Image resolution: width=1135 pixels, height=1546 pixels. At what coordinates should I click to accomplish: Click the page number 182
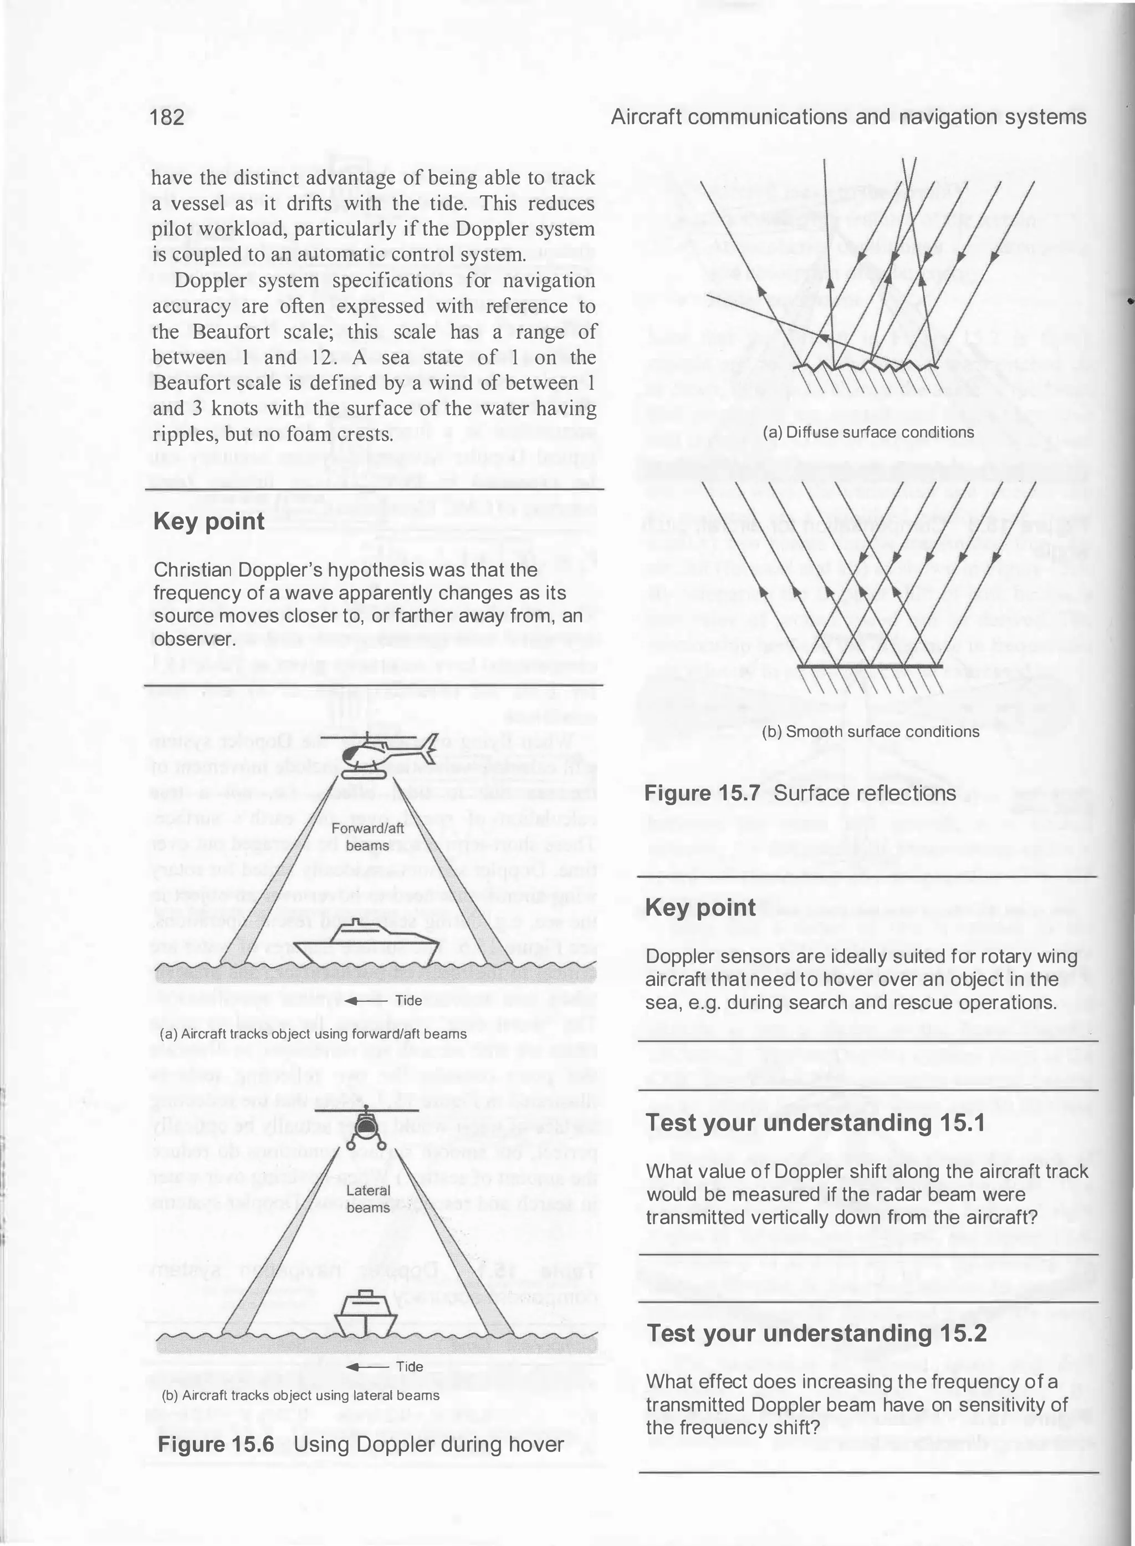tap(167, 118)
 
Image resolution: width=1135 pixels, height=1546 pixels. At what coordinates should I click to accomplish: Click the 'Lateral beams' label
tap(367, 1198)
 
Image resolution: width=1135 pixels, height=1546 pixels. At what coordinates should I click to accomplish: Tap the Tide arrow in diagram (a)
tap(360, 1000)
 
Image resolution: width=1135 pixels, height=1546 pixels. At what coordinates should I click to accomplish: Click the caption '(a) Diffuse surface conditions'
tap(868, 433)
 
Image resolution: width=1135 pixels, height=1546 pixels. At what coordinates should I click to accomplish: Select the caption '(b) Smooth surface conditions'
tap(871, 731)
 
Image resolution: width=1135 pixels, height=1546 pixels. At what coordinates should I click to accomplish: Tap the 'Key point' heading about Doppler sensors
tap(700, 907)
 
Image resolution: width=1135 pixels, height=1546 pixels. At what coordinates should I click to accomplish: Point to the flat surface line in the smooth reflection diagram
tap(870, 666)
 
